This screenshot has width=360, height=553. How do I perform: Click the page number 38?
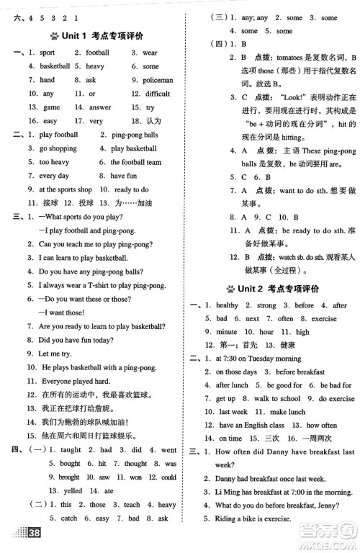33,534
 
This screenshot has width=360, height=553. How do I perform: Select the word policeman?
158,80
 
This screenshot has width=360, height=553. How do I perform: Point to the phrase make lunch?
286,412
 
